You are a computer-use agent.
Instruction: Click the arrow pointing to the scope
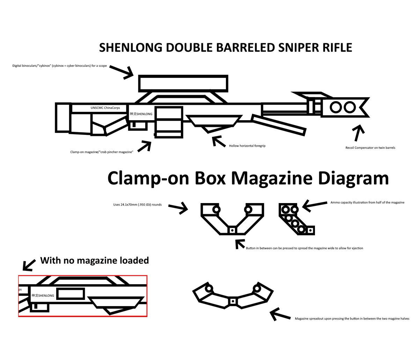coord(124,72)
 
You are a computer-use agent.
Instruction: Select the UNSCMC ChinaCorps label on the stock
coord(105,108)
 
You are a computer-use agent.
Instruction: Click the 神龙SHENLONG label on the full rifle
coord(141,114)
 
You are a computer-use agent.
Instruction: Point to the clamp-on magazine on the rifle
coord(169,122)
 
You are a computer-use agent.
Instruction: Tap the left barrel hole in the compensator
coord(336,107)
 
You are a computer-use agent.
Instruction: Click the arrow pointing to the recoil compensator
coord(358,133)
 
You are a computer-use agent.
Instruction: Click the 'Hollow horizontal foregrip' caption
coord(247,146)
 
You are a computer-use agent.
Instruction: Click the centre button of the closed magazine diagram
coord(232,230)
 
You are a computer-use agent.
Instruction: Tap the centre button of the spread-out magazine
coord(233,301)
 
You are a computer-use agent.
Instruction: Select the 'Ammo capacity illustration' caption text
coord(367,203)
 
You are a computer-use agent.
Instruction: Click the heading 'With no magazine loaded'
coord(94,260)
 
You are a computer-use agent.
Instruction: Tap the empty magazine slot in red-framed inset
coord(71,294)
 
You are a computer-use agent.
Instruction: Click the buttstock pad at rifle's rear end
coord(63,117)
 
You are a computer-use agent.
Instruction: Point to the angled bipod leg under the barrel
coord(279,125)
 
